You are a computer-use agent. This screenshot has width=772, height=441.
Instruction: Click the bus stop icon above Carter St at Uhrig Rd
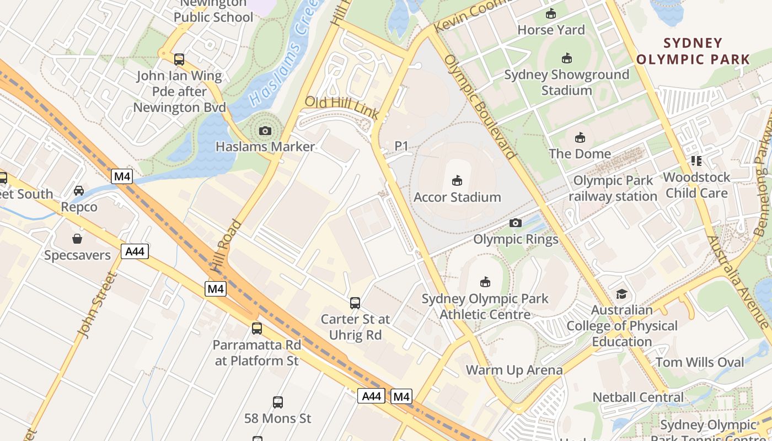coord(355,303)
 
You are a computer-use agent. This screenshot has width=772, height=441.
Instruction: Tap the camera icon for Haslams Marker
coord(265,131)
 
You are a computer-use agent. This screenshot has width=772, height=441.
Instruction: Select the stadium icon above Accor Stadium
coord(457,180)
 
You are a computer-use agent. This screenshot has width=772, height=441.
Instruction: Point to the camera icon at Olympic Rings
coord(516,223)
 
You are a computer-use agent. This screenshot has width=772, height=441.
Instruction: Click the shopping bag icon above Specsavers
coord(77,239)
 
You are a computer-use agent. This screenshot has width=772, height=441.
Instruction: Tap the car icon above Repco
coord(79,191)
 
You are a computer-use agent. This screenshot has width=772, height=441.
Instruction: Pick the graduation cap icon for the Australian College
coord(622,294)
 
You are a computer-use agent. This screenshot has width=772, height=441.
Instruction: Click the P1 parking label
coord(401,146)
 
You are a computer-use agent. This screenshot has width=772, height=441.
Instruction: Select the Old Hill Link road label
coord(341,107)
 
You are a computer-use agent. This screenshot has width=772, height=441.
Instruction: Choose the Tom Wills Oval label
coord(700,362)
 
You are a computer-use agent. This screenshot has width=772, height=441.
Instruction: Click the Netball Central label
coord(638,397)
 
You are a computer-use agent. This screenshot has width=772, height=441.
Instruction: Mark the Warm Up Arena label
coord(514,370)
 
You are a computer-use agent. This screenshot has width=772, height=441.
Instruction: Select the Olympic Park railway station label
coord(613,189)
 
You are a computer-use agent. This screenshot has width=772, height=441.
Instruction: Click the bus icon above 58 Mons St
coord(278,402)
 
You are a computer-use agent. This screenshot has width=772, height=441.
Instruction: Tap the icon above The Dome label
coord(580,137)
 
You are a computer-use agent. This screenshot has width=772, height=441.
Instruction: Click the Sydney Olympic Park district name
coord(693,51)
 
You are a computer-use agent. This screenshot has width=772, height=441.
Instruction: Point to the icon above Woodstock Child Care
coord(696,161)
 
